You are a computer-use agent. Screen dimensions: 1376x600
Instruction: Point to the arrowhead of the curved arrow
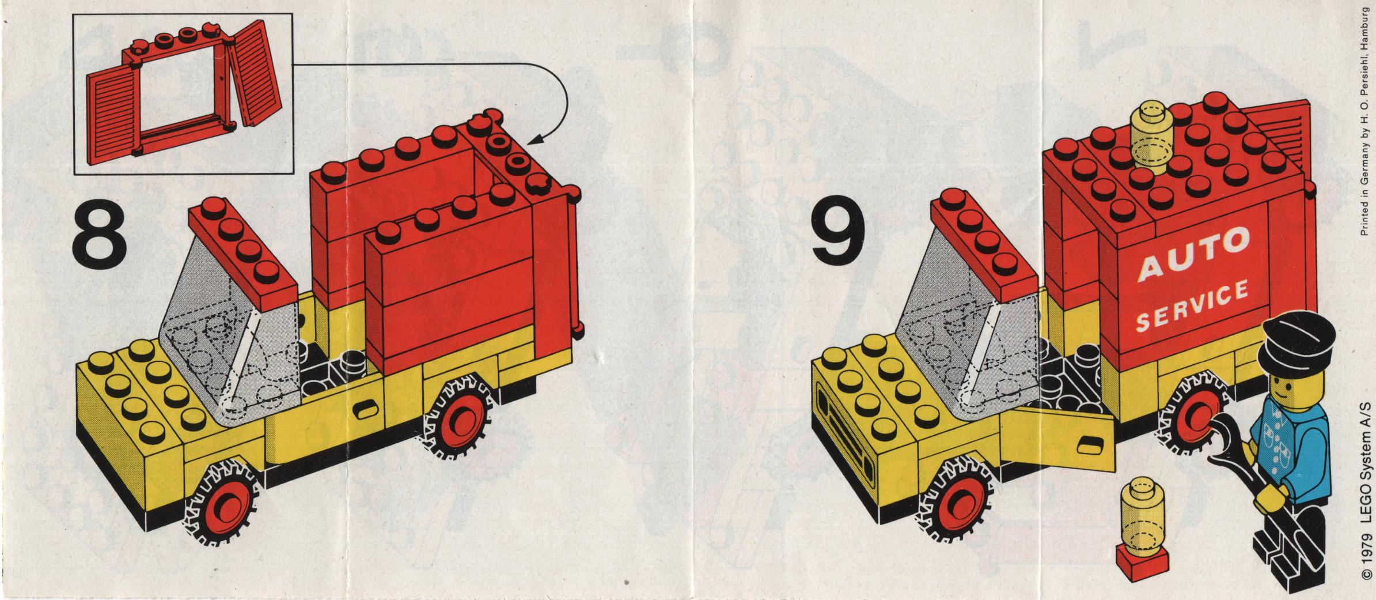coord(535,140)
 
